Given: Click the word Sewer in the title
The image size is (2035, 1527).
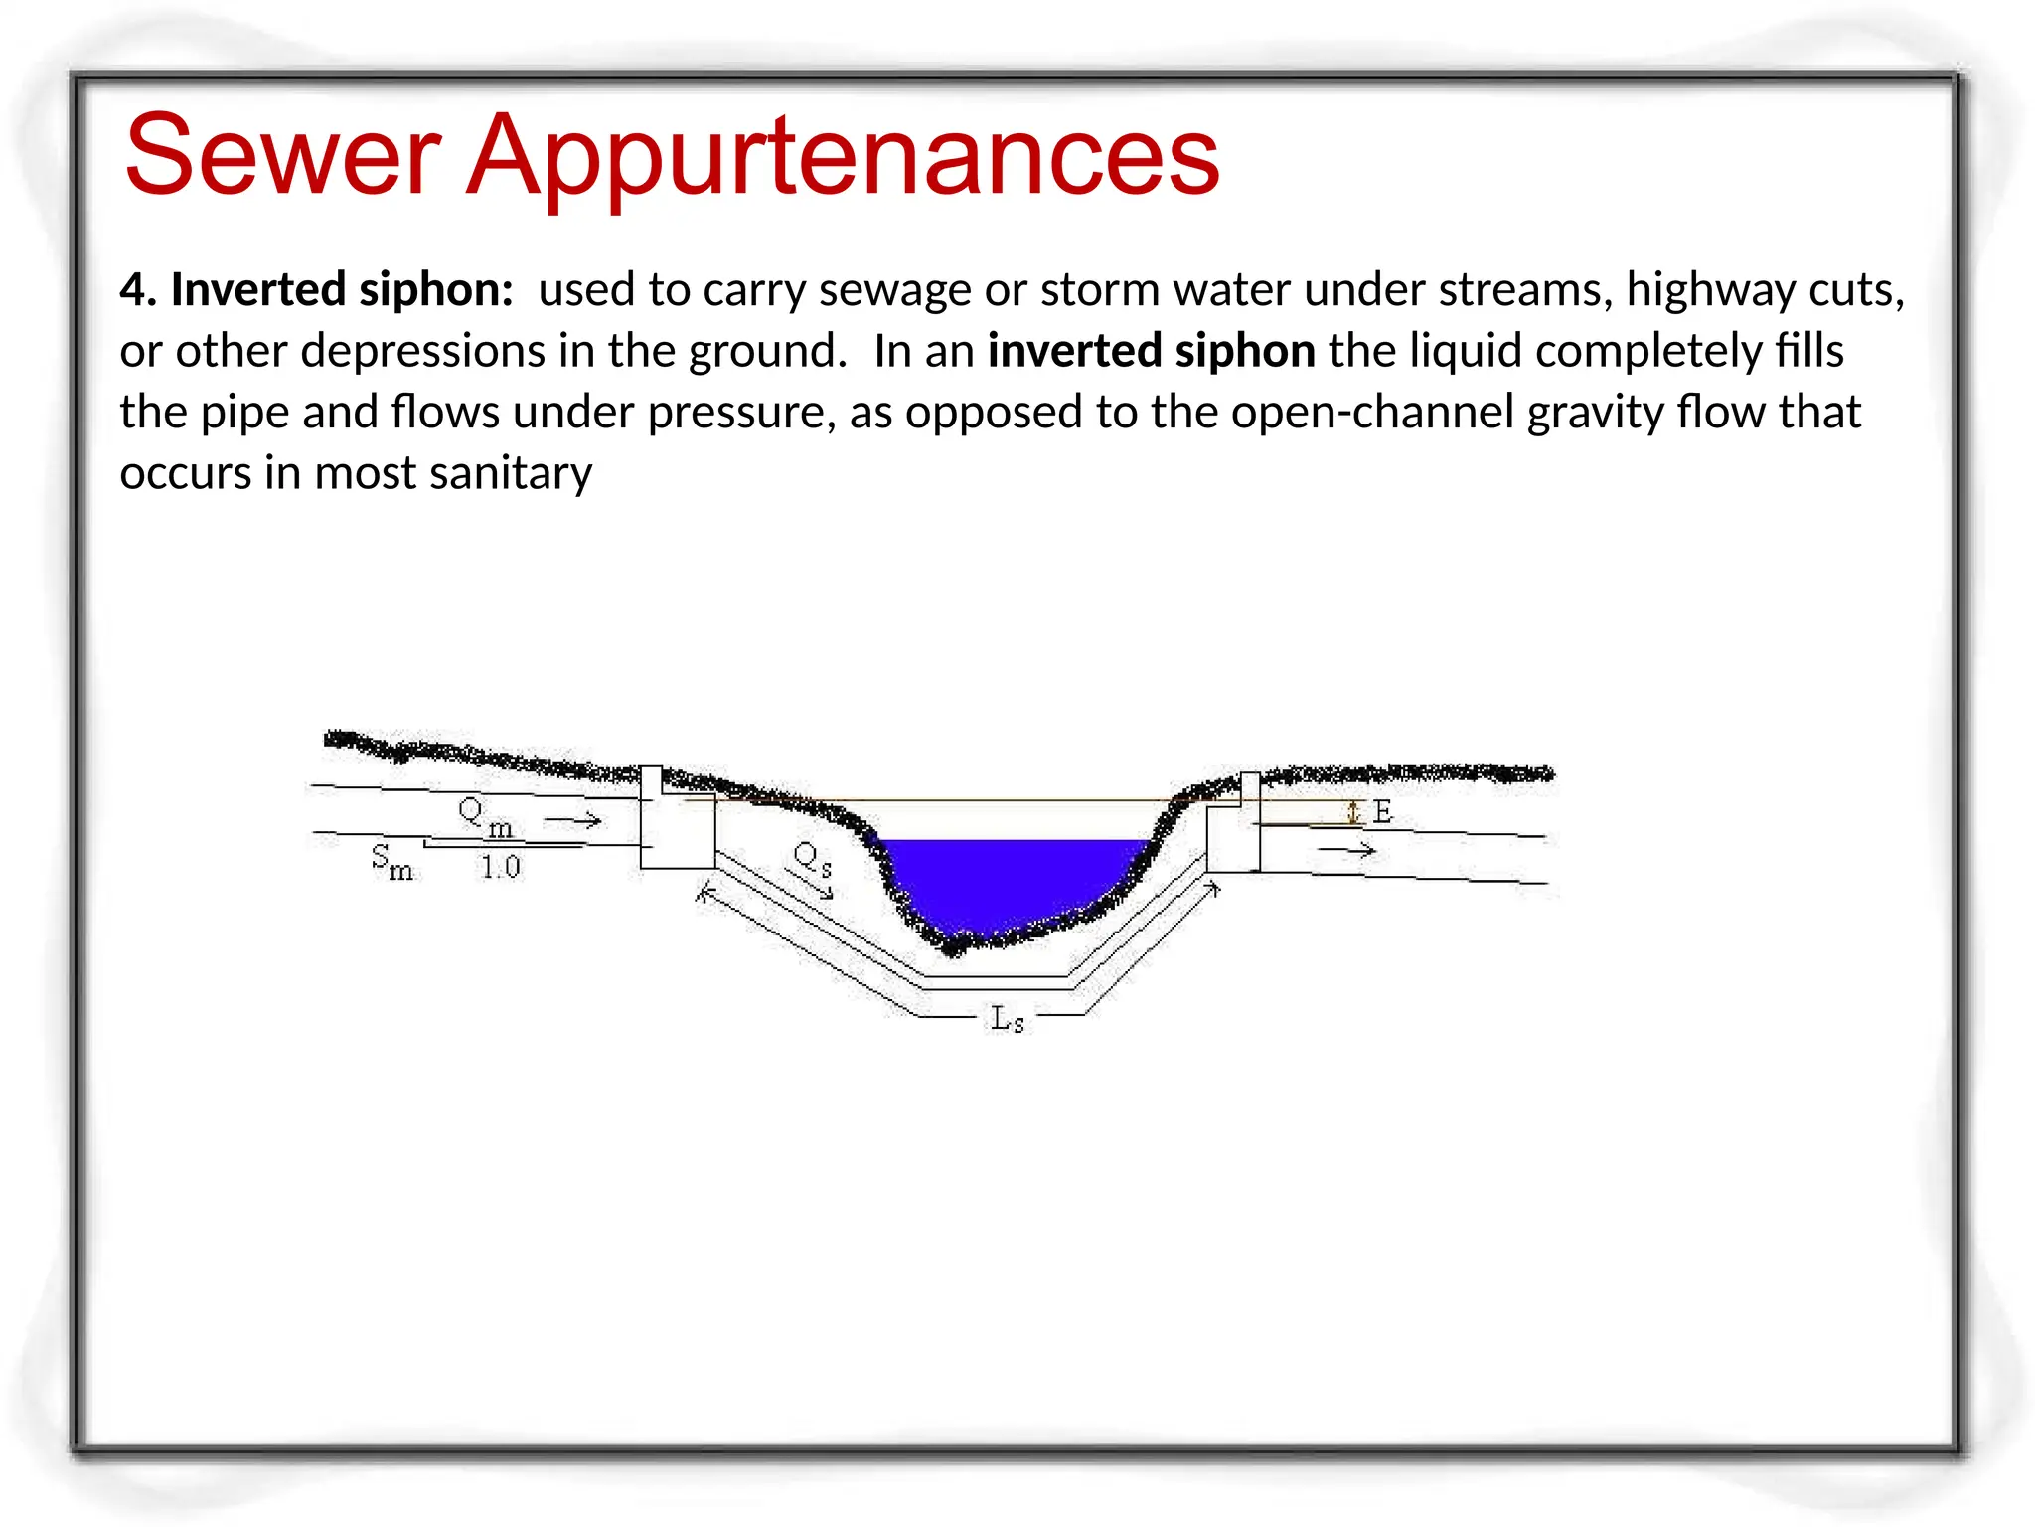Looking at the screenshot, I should coord(282,155).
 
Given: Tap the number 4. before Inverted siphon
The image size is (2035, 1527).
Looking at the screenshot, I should coord(139,290).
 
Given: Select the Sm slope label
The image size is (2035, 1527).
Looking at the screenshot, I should coord(391,861).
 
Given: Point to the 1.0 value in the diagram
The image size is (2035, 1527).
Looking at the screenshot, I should coord(501,868).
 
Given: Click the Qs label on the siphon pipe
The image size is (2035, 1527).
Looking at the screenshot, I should coord(811,858).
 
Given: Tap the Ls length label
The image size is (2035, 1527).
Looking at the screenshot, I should coord(1007,1018).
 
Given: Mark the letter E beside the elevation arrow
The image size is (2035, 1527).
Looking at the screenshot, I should coord(1382,813).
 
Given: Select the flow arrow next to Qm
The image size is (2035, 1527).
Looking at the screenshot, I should coord(573,820).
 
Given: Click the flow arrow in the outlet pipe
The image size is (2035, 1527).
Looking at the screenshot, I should coord(1346,851).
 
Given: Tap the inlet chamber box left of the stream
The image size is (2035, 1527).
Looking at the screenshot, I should coord(677,829).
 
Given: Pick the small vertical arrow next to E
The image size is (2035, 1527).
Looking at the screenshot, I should coord(1352,813).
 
